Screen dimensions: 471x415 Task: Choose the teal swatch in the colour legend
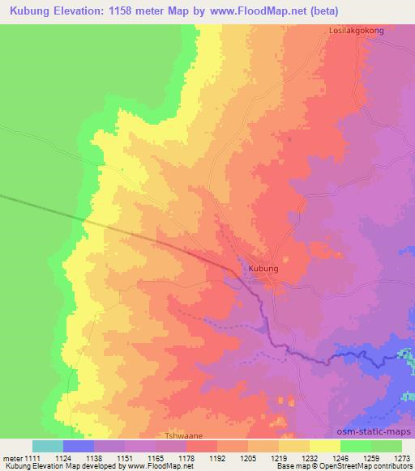[48, 446]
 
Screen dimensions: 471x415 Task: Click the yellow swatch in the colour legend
[325, 446]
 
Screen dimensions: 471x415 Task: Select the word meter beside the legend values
[12, 458]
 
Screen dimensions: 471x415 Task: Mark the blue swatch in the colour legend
[79, 446]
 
